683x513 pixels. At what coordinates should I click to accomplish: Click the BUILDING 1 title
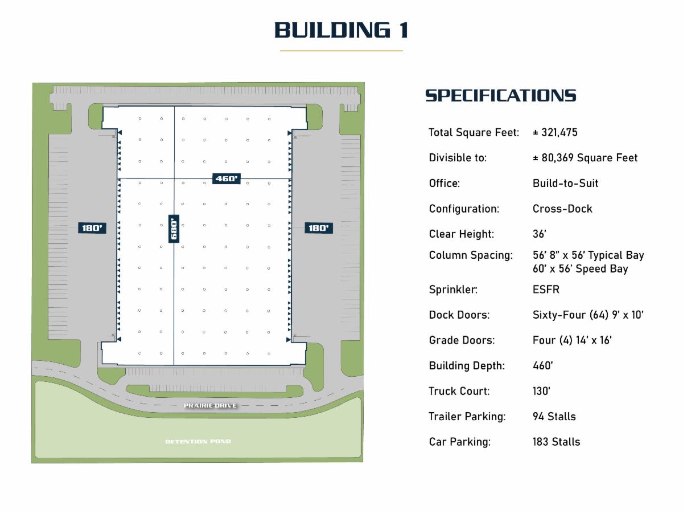click(341, 30)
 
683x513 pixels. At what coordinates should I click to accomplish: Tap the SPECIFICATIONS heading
click(501, 96)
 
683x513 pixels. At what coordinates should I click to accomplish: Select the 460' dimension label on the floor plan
click(226, 178)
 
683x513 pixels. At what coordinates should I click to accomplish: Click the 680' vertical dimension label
click(174, 229)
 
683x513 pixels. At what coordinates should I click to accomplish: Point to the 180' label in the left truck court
click(92, 228)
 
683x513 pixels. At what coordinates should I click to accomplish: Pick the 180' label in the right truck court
click(319, 228)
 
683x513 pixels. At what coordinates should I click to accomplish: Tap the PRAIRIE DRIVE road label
click(211, 405)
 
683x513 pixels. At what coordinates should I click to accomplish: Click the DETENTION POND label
click(198, 441)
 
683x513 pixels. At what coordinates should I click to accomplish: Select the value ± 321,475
click(555, 132)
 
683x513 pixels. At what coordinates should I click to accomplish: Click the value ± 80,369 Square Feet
click(585, 158)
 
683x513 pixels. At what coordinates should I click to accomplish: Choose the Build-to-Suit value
click(565, 183)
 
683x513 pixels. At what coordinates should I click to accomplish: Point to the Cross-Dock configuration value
click(562, 209)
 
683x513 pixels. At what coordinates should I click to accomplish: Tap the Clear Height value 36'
click(540, 234)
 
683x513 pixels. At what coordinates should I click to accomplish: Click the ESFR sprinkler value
click(546, 290)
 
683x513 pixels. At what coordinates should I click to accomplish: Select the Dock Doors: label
click(459, 315)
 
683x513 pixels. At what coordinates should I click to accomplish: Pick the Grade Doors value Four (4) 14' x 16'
click(572, 340)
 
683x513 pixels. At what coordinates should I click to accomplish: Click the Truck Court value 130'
click(541, 391)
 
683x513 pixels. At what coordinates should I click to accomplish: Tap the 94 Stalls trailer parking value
click(554, 417)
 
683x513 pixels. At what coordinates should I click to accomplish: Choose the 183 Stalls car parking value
click(556, 442)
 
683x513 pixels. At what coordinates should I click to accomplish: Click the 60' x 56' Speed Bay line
click(581, 269)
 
